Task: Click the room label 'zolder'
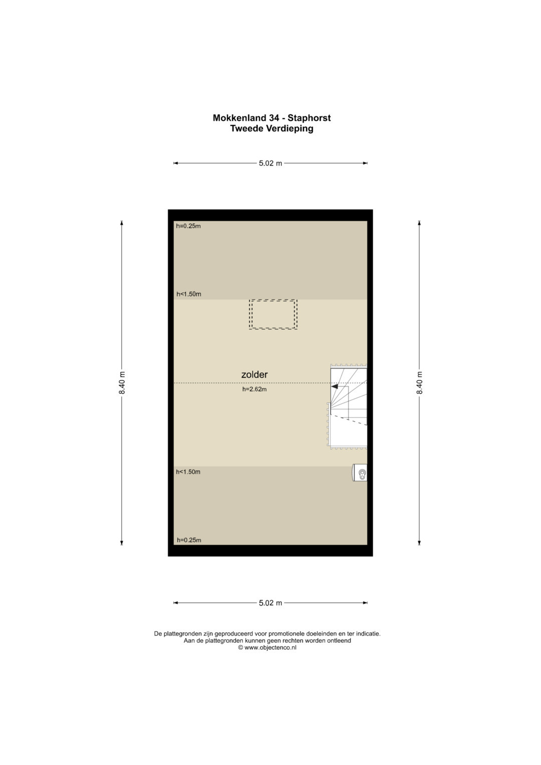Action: pos(254,374)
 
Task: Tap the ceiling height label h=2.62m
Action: pos(254,389)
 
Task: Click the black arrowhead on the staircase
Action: pos(335,386)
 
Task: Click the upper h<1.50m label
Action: pos(189,294)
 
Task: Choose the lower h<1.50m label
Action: pos(188,472)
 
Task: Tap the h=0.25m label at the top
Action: pos(188,226)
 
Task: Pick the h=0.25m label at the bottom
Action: pos(189,540)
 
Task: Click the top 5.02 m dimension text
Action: pos(270,163)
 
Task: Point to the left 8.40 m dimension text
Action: pos(122,383)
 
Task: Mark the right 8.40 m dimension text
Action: pos(419,383)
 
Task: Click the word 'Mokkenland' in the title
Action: pos(239,118)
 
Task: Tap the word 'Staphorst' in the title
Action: pos(309,118)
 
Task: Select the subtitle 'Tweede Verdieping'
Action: pos(272,129)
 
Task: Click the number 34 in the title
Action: pos(274,118)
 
